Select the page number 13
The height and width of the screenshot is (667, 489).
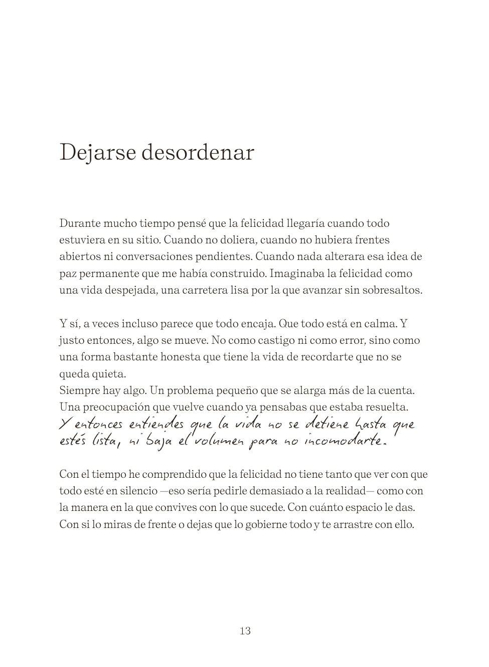(245, 631)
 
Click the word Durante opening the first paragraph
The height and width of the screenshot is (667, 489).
(79, 223)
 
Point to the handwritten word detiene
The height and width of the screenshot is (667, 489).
(327, 425)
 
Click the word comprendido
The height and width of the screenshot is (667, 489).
(168, 474)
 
